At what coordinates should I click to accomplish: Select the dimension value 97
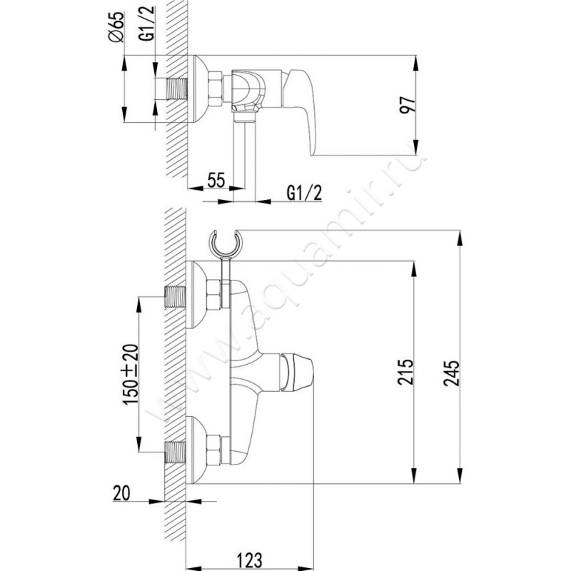(x=407, y=105)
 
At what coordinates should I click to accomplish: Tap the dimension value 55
(x=216, y=180)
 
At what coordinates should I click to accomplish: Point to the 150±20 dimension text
(x=131, y=374)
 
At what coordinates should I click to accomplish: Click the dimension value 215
(x=405, y=372)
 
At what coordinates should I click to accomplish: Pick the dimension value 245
(x=452, y=373)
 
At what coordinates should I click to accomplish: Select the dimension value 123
(x=249, y=560)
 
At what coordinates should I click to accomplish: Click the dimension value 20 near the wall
(x=121, y=493)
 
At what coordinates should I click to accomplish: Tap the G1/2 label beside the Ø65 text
(x=147, y=24)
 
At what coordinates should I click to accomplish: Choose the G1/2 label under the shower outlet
(x=305, y=193)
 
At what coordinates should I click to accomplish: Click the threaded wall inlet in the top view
(x=176, y=89)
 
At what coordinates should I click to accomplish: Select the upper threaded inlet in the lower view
(x=175, y=297)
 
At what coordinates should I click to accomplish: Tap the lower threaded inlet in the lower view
(x=175, y=452)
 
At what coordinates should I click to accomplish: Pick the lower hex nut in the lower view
(x=213, y=451)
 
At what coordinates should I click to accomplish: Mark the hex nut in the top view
(x=216, y=89)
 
